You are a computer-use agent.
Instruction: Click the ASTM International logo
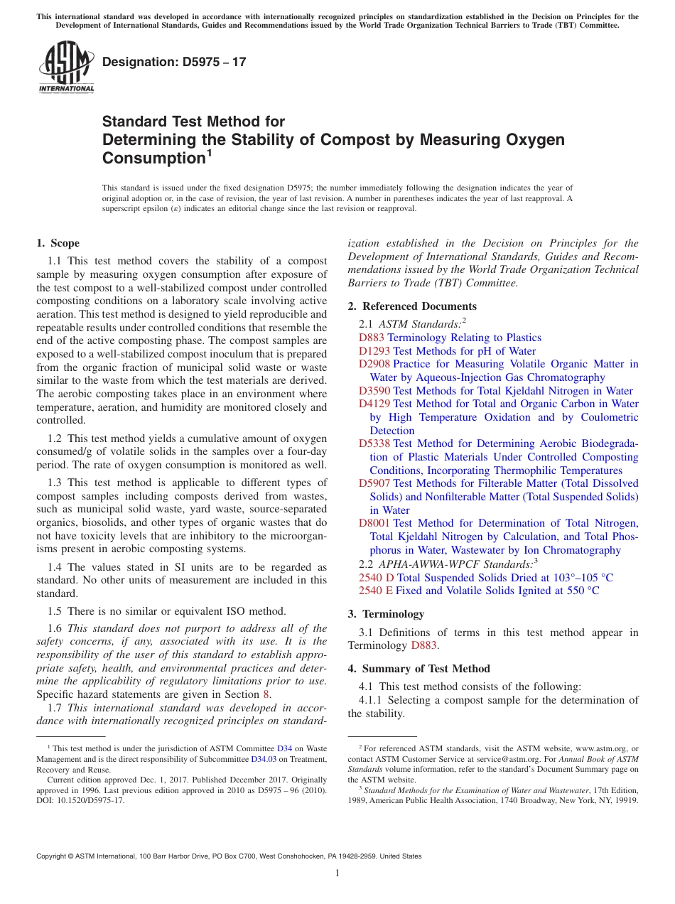65,68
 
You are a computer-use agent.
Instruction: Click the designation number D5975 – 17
174,62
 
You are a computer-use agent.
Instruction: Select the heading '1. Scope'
58,243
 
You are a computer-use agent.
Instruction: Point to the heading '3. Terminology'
386,613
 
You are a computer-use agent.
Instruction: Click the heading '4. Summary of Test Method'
418,668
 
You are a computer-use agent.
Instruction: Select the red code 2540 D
376,578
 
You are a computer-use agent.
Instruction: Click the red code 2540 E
376,591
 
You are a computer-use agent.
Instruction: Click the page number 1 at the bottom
337,873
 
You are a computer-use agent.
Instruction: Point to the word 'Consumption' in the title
153,158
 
